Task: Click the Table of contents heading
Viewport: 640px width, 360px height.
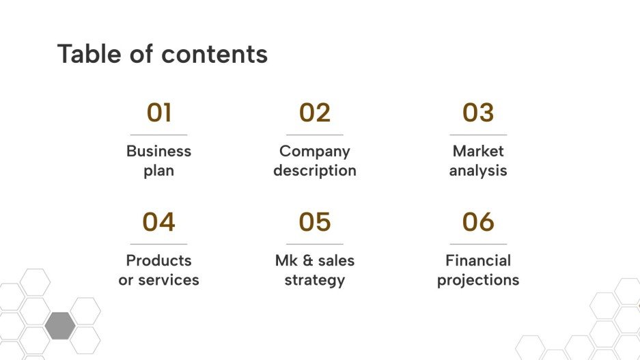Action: tap(162, 54)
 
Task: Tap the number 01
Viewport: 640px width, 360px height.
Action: tap(158, 113)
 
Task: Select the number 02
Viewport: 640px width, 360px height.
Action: tap(315, 113)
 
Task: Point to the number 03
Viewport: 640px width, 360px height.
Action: tap(478, 113)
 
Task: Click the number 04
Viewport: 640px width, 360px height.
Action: tap(158, 222)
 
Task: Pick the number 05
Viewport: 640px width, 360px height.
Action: tap(315, 222)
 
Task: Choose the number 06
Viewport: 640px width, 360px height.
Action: tap(478, 222)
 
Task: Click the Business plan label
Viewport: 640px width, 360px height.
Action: tap(158, 161)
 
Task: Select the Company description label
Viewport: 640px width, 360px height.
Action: tap(315, 161)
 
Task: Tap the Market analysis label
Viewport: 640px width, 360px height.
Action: tap(478, 161)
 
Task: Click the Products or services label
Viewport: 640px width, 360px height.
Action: tap(158, 270)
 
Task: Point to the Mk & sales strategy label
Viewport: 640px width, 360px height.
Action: tap(315, 270)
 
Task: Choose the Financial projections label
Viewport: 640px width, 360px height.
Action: tap(478, 270)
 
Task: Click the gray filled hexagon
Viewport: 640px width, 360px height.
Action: tap(60, 325)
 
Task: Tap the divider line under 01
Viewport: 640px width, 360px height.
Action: tap(158, 135)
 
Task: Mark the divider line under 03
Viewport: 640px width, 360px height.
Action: tap(478, 135)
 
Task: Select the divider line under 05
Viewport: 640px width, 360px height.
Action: tap(315, 244)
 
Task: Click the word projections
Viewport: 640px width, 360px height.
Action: tap(478, 280)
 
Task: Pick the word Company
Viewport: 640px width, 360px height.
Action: tap(315, 151)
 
